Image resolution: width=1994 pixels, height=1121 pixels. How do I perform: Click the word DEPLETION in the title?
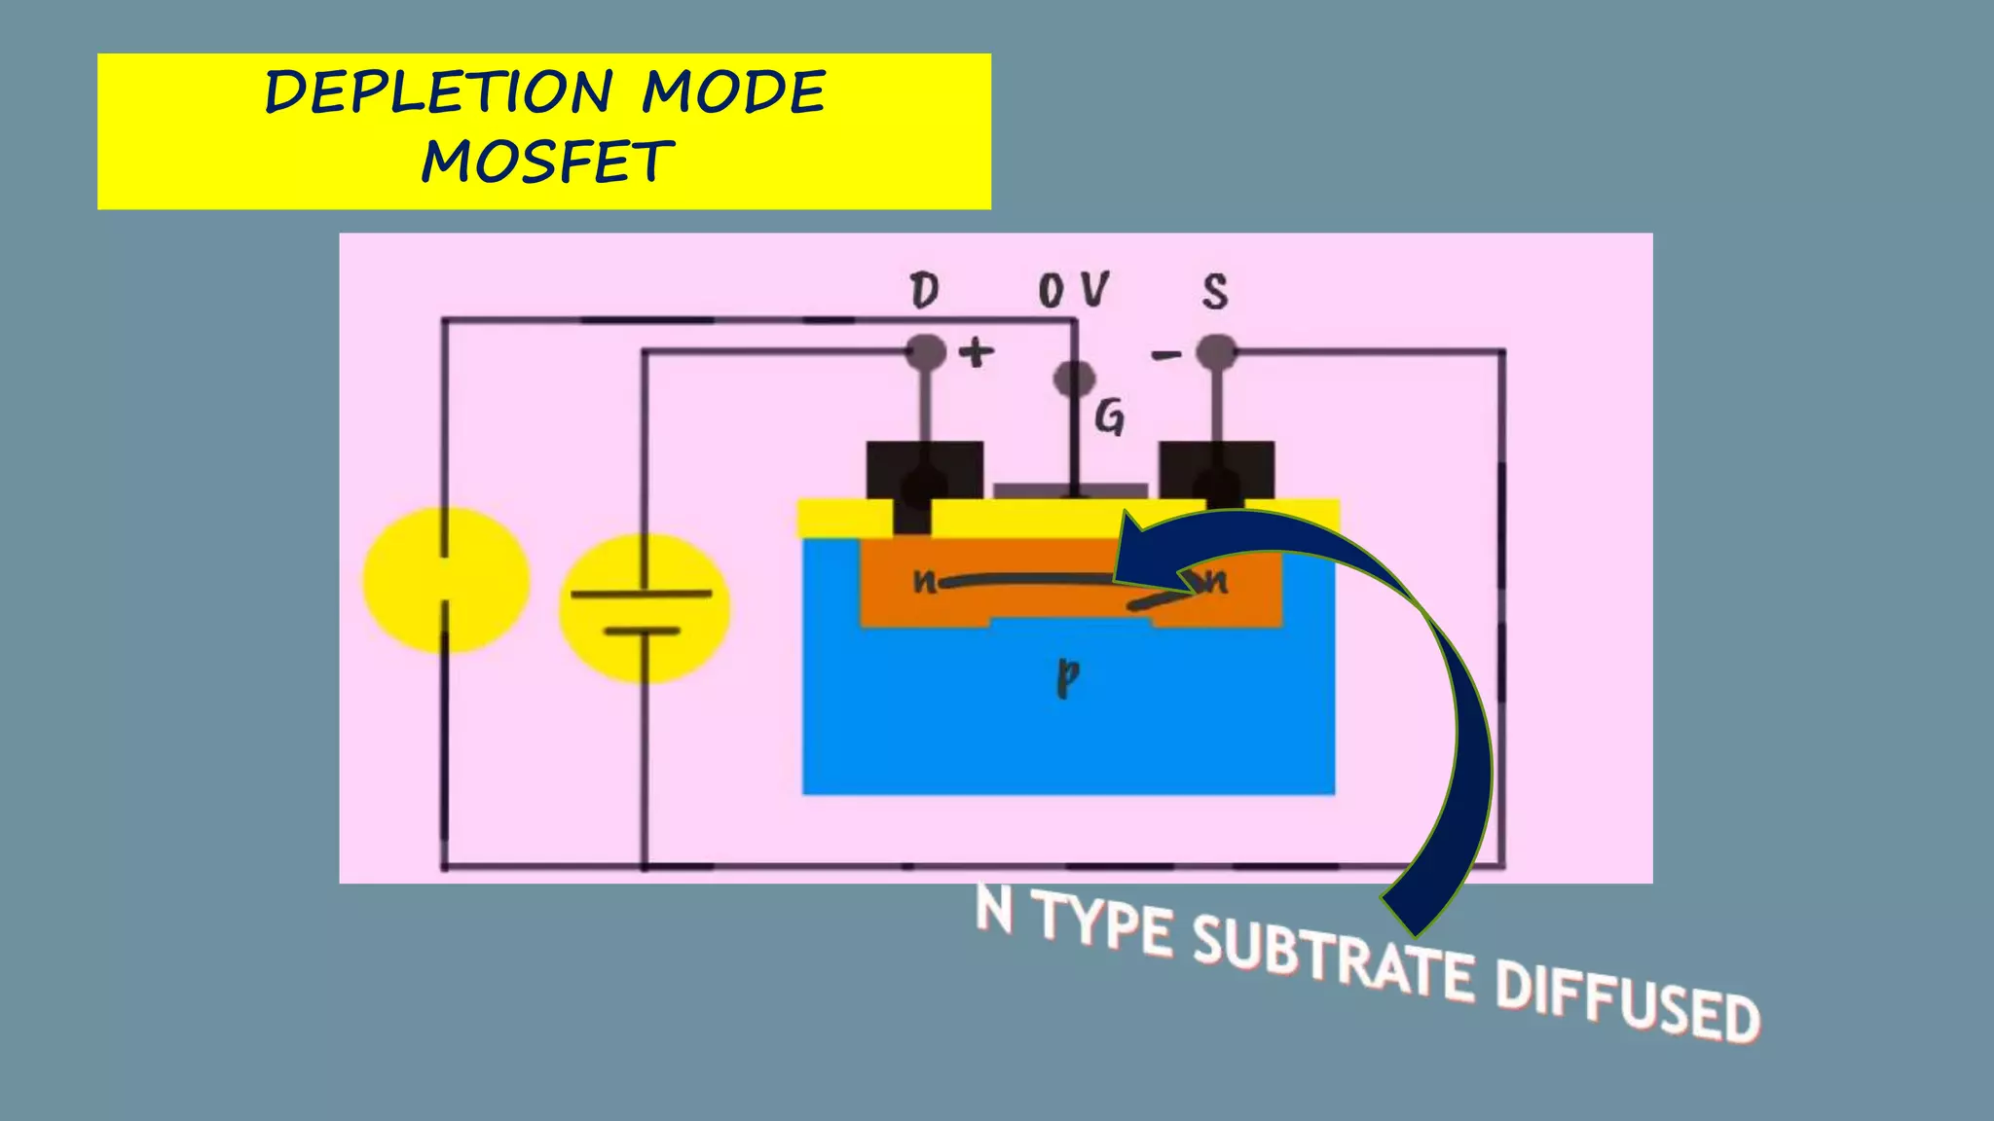coord(438,92)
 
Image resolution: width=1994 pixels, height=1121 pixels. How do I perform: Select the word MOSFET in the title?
coord(547,162)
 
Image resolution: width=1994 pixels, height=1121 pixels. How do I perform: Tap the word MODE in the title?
coord(733,92)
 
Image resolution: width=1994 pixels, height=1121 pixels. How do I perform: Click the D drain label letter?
coord(924,291)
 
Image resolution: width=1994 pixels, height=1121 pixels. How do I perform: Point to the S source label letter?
coord(1215,291)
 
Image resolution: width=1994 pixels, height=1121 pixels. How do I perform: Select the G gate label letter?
coord(1110,418)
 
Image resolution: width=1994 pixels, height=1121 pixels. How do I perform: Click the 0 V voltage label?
coord(1073,290)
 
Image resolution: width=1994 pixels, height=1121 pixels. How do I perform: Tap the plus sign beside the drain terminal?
coord(977,352)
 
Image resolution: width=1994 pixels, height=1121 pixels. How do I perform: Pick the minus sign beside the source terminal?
coord(1165,355)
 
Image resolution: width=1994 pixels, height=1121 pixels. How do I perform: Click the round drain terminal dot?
coord(926,351)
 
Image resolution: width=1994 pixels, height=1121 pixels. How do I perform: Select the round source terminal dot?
coord(1216,351)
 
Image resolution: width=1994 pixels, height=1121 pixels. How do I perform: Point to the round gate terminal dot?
coord(1074,379)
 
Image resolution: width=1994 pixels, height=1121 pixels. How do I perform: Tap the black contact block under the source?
coord(1216,470)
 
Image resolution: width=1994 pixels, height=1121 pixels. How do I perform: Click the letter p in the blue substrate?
coord(1068,677)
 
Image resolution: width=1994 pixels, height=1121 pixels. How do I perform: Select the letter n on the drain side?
coord(924,581)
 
